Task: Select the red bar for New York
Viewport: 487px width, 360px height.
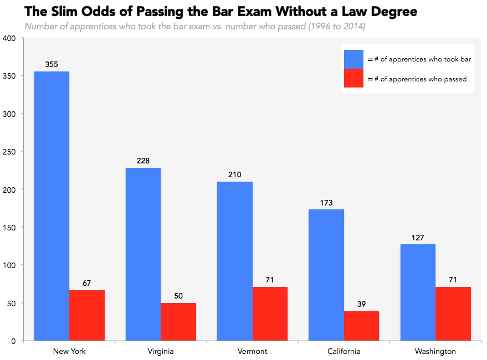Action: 87,315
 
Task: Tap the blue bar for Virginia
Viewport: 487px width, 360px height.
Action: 143,254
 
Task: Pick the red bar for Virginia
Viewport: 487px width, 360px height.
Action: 178,322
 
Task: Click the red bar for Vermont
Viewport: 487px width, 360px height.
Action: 270,313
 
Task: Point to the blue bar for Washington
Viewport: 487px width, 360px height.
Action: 418,292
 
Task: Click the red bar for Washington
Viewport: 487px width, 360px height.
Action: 453,313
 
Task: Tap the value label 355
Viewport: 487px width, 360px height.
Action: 52,65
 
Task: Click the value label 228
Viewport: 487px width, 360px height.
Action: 143,161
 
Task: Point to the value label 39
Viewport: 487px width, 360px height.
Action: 361,305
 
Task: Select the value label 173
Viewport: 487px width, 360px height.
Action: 326,203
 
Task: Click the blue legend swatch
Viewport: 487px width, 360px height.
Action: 353,59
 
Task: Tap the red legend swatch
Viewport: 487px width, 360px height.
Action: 353,78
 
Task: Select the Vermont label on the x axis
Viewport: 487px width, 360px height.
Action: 252,351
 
